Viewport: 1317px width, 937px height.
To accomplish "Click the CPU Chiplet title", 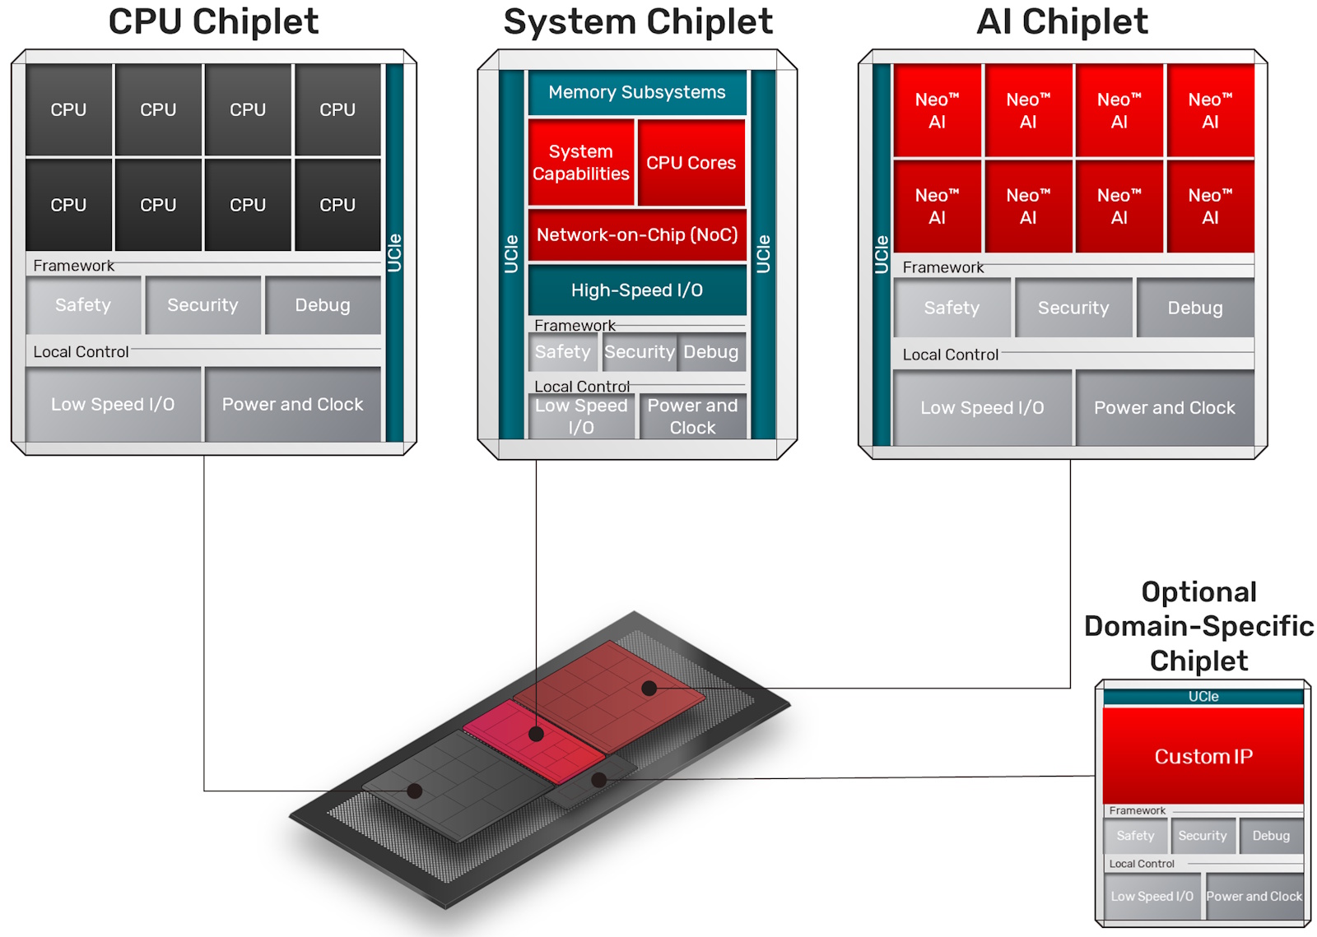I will [x=213, y=22].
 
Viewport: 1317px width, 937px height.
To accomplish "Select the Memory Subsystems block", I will [x=637, y=92].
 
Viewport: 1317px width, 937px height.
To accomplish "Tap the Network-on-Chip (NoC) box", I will [x=637, y=235].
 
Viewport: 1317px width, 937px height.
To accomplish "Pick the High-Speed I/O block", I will [x=637, y=290].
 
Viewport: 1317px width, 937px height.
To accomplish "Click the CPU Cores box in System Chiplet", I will [x=691, y=163].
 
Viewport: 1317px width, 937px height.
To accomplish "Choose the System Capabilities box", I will [x=581, y=163].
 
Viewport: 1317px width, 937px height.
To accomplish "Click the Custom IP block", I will [x=1203, y=756].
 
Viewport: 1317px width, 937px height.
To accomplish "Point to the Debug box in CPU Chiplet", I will [x=323, y=305].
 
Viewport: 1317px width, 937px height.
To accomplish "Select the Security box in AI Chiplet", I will [x=1073, y=308].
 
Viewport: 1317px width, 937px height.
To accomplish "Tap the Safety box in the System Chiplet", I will [x=563, y=352].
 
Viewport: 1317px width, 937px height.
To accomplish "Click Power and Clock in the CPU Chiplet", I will [x=292, y=405].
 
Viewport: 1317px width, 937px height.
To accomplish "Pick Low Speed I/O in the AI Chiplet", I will [x=982, y=408].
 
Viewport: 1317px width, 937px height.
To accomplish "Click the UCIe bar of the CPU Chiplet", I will [x=394, y=253].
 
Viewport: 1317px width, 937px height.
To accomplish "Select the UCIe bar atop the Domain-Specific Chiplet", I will [x=1203, y=697].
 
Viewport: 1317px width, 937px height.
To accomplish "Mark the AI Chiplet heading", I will [x=1062, y=22].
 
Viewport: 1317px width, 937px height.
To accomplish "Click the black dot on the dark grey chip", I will [x=415, y=791].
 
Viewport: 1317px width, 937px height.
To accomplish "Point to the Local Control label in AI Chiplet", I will [x=951, y=355].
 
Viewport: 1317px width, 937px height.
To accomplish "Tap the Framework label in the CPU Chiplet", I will [x=74, y=266].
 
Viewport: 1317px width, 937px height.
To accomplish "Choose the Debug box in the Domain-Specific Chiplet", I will [x=1271, y=836].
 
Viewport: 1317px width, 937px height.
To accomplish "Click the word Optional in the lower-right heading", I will [x=1198, y=592].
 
